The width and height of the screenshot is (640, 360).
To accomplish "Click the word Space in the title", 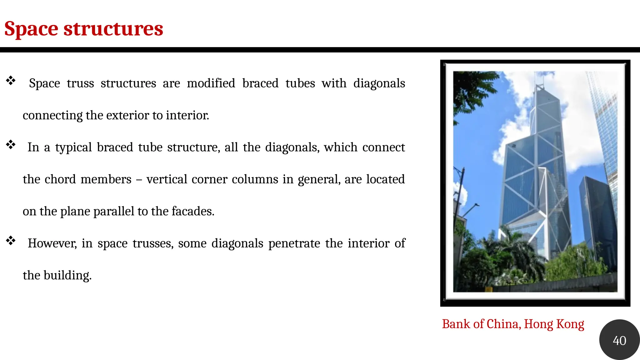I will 31,29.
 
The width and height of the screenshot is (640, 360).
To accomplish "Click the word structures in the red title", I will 113,28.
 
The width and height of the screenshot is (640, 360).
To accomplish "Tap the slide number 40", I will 619,340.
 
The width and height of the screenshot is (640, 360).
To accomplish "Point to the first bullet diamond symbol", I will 11,81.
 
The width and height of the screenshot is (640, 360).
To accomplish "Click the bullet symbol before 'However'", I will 11,241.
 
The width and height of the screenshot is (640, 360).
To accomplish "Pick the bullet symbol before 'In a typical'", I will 11,145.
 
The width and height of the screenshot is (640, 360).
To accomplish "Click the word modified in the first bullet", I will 211,83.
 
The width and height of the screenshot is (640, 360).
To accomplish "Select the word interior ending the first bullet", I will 187,115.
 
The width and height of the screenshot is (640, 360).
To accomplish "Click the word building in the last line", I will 67,276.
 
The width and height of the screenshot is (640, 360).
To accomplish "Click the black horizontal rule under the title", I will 320,50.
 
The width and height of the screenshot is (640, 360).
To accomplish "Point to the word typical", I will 73,147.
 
